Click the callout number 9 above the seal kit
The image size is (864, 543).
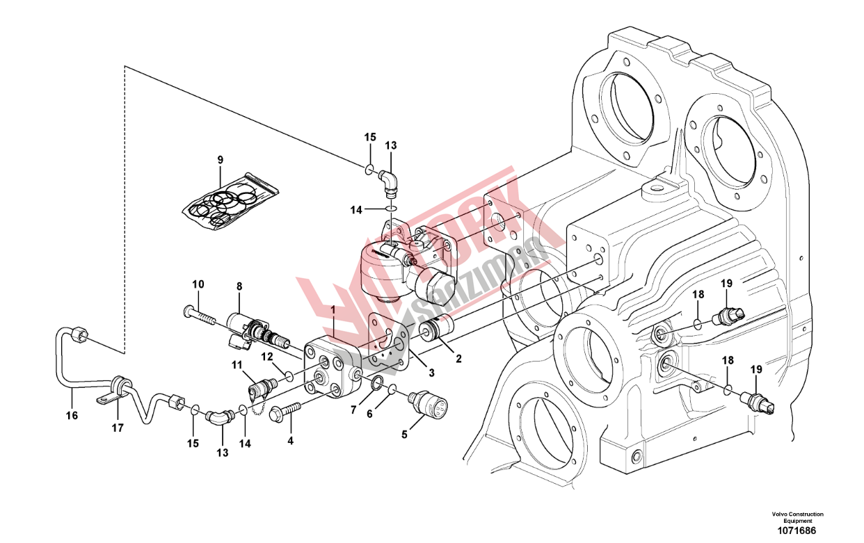pyautogui.click(x=221, y=160)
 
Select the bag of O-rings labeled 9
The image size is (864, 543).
pyautogui.click(x=229, y=202)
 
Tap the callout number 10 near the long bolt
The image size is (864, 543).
pyautogui.click(x=198, y=284)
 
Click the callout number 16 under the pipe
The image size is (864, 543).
pyautogui.click(x=72, y=416)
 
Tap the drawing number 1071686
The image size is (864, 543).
pyautogui.click(x=797, y=530)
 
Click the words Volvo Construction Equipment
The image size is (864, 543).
pyautogui.click(x=797, y=517)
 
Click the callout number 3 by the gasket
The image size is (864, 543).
pyautogui.click(x=431, y=373)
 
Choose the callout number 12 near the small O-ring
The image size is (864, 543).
pyautogui.click(x=267, y=357)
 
